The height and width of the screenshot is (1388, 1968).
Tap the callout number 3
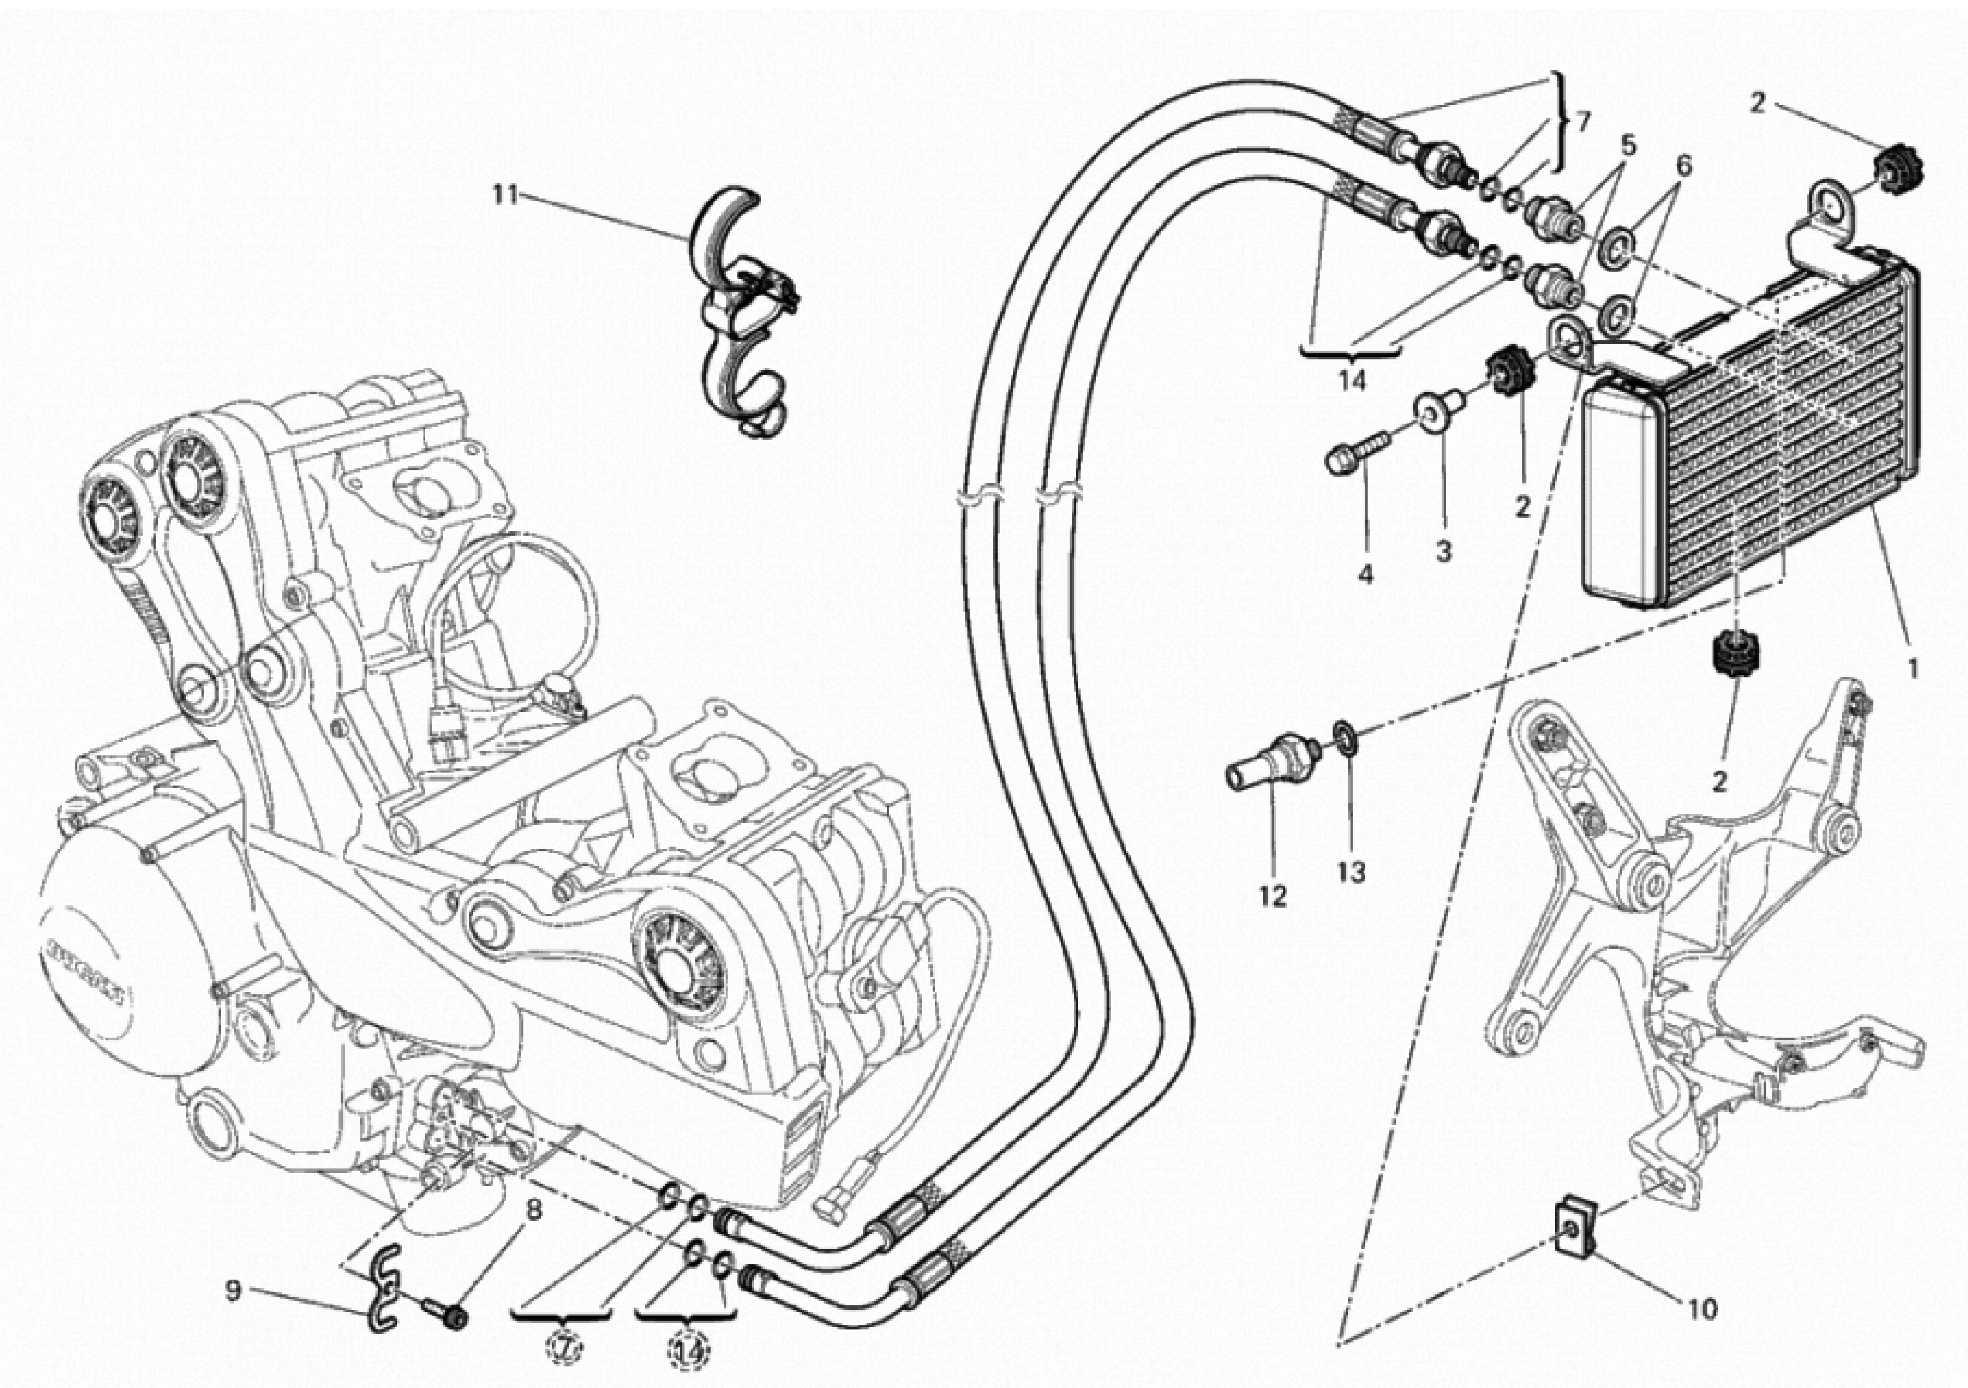click(x=1444, y=552)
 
